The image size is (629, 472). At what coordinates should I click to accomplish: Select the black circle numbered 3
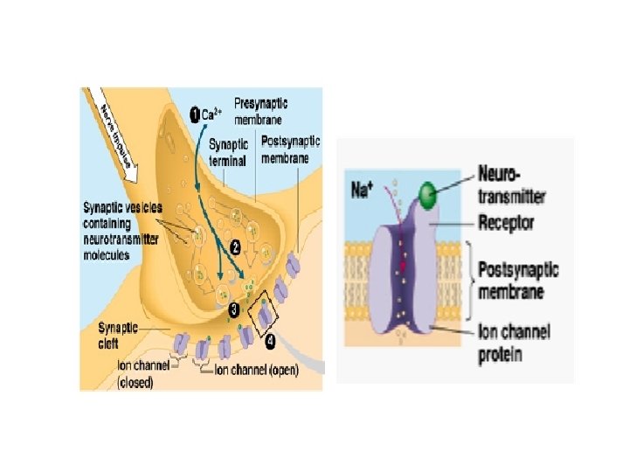[x=233, y=309]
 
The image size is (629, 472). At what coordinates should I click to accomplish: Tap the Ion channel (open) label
[x=257, y=370]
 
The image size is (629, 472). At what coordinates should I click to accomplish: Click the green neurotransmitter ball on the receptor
[x=427, y=193]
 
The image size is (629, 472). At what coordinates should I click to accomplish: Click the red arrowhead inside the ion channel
[x=404, y=263]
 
